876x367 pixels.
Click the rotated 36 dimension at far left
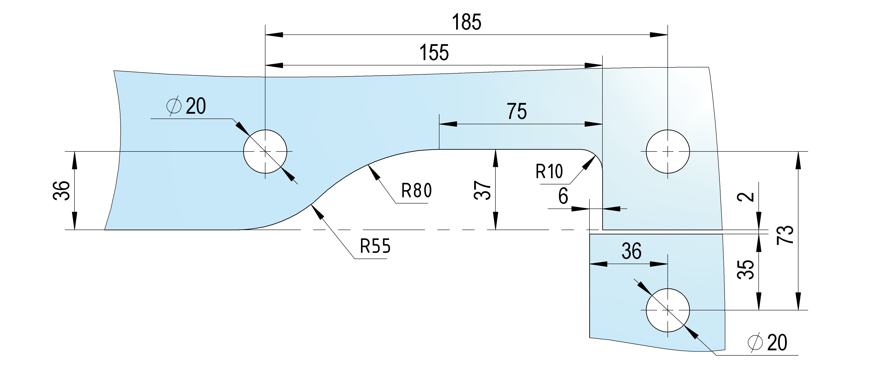[x=62, y=191]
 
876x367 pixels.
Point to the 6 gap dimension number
[x=563, y=196]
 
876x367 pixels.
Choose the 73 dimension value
[x=785, y=234]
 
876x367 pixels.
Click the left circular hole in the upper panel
[x=265, y=151]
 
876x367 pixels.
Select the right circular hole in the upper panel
[x=667, y=151]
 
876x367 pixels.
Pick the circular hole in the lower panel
[x=667, y=310]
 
